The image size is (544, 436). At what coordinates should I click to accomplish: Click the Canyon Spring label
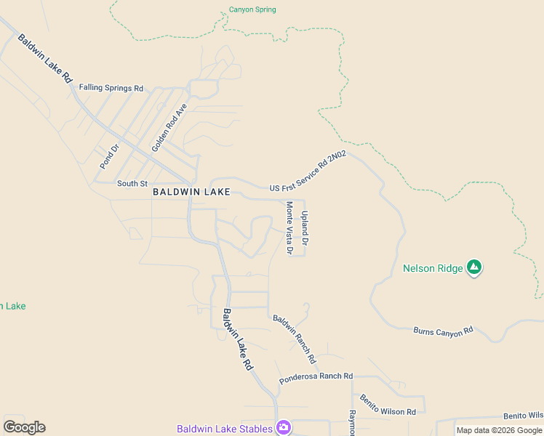pos(252,10)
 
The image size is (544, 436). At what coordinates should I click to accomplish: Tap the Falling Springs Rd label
pos(111,88)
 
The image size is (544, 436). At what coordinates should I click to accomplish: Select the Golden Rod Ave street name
pos(169,127)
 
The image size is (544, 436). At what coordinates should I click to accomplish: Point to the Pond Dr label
pos(109,156)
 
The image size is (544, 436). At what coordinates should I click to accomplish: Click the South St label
pos(132,184)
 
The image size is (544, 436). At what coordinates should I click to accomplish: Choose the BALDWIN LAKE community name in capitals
pos(191,193)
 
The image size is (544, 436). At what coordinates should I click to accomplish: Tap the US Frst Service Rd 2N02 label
pos(308,172)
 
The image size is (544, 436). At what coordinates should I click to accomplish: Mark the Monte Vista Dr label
pos(289,228)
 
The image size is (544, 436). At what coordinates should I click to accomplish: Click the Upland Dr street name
pos(305,228)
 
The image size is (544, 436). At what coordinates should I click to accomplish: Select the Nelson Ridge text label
pos(433,269)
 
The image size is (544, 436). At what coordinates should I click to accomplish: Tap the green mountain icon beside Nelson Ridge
pos(474,268)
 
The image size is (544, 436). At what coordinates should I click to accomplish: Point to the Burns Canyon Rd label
pos(443,331)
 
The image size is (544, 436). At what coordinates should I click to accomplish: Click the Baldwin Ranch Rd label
pos(295,339)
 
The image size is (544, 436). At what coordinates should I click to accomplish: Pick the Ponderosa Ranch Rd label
pos(316,376)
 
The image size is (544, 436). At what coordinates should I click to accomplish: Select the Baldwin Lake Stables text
pos(225,429)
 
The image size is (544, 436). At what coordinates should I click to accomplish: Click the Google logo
pos(24,427)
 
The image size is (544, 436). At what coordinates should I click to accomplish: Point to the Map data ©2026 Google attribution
pos(499,430)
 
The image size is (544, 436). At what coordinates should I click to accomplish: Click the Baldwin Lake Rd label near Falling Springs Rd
pos(46,58)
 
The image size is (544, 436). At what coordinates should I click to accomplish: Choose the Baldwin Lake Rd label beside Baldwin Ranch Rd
pos(237,340)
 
